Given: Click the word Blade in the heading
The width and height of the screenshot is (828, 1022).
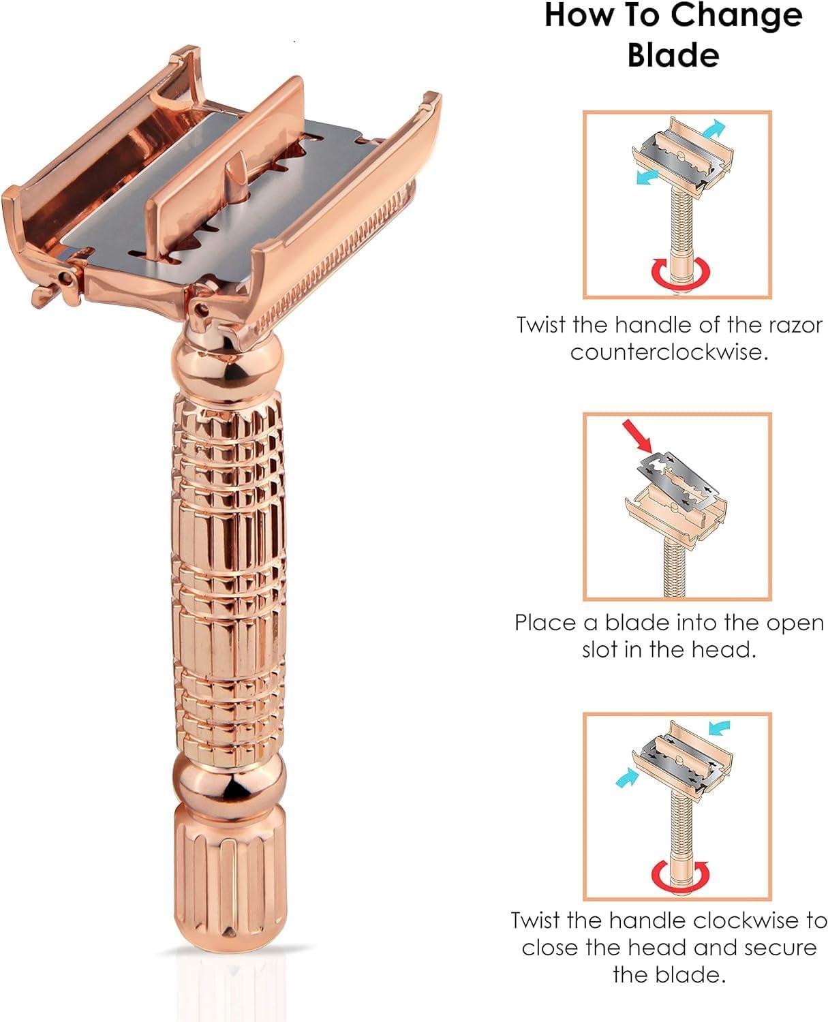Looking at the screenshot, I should point(673,55).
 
